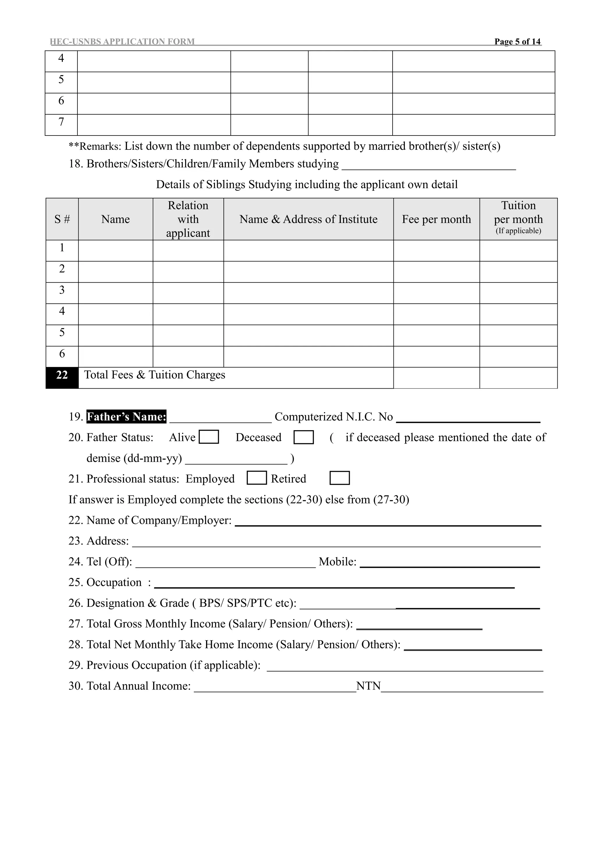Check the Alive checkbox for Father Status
(x=209, y=437)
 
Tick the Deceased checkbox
(x=304, y=437)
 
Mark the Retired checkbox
(x=340, y=478)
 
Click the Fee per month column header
(x=436, y=219)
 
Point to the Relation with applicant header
(x=188, y=219)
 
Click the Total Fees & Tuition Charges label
(x=155, y=375)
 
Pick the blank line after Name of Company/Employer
(x=388, y=523)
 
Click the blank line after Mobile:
(x=450, y=565)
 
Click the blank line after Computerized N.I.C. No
(x=468, y=419)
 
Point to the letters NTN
(x=368, y=686)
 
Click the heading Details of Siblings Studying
(x=307, y=184)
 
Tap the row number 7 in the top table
(x=61, y=122)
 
